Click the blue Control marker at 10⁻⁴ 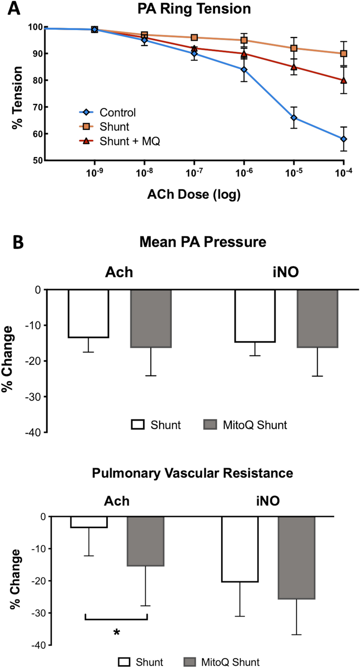point(344,139)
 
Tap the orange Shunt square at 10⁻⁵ point(294,48)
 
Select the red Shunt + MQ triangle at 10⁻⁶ point(244,54)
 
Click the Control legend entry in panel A point(117,112)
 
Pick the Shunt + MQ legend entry point(129,141)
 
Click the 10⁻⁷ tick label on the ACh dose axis point(194,173)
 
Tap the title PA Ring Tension point(194,9)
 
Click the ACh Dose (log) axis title point(194,194)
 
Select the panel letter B point(18,242)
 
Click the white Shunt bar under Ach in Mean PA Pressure point(89,313)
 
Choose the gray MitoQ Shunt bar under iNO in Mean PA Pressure point(317,318)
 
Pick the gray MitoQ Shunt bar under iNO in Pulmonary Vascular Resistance point(296,557)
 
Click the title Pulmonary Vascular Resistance point(192,473)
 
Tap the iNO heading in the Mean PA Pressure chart point(286,272)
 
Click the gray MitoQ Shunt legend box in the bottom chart point(190,662)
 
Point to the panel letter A point(14,8)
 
